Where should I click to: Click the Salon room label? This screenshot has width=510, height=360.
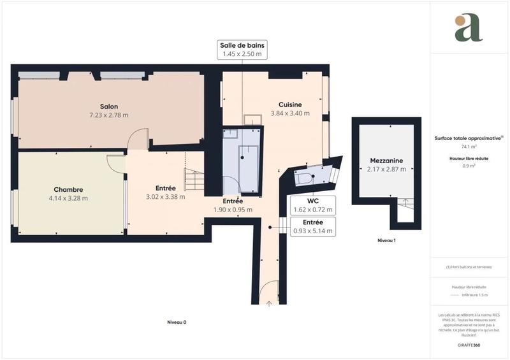click(x=108, y=106)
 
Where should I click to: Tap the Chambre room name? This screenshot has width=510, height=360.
click(x=68, y=189)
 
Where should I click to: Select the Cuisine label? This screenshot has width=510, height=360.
click(x=290, y=104)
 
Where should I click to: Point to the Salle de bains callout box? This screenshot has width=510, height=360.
click(x=242, y=50)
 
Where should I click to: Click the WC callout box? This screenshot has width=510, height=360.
click(x=312, y=204)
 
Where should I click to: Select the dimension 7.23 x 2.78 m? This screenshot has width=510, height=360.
click(x=108, y=115)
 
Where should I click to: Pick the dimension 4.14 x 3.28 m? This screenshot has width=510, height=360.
click(x=68, y=198)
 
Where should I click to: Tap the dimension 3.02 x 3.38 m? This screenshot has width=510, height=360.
click(x=165, y=197)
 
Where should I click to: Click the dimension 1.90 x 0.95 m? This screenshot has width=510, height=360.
click(x=233, y=210)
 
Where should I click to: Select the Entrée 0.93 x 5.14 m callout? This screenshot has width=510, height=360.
click(x=312, y=226)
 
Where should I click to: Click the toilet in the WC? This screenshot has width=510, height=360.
click(x=304, y=178)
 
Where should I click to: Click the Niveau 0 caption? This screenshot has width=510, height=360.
click(x=172, y=322)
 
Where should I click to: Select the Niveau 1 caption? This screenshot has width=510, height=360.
click(x=386, y=240)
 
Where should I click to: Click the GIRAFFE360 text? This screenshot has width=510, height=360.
click(x=469, y=344)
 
